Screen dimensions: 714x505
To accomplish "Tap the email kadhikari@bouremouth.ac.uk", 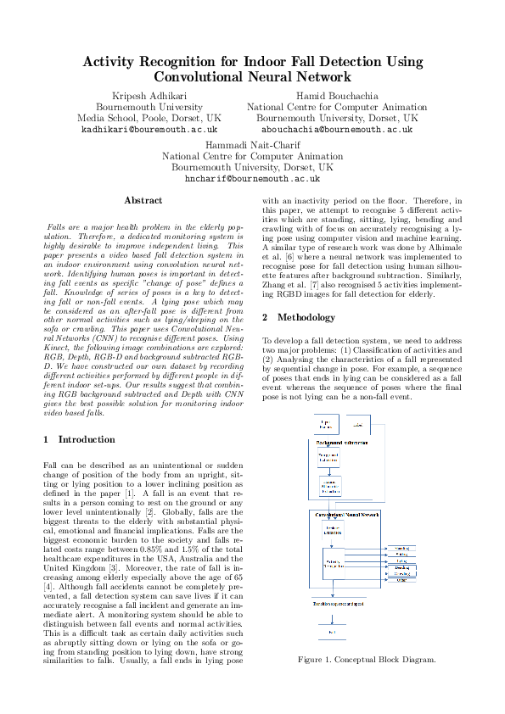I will click(x=149, y=131).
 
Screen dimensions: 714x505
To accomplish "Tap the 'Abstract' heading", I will click(x=143, y=200).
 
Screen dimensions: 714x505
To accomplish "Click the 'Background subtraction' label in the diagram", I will click(x=342, y=443).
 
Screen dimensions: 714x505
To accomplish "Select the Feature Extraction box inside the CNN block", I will click(x=331, y=530).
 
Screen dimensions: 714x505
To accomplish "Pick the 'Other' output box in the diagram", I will click(x=401, y=580).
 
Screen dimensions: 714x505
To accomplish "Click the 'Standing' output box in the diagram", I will click(x=401, y=549).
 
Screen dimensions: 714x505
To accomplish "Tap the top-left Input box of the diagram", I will click(x=325, y=423).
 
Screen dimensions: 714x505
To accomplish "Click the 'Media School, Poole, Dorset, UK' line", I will click(x=149, y=119).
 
